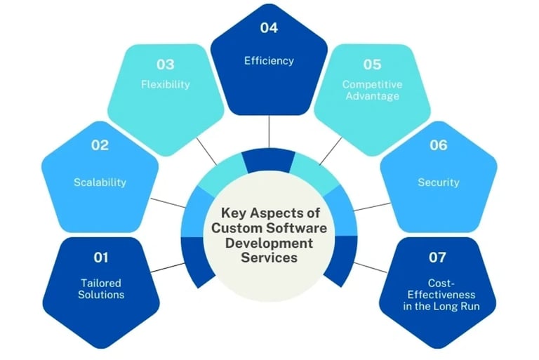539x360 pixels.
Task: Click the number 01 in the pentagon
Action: (x=101, y=258)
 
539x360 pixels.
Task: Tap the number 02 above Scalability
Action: (x=100, y=145)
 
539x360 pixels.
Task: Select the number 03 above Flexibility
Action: (x=166, y=65)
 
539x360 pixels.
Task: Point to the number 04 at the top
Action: (x=269, y=28)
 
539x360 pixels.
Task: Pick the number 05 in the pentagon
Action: (x=372, y=65)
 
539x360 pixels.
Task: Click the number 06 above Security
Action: (x=438, y=145)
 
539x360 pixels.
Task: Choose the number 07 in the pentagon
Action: (x=438, y=258)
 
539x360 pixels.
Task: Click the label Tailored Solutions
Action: (x=101, y=288)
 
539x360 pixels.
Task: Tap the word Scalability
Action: (x=100, y=182)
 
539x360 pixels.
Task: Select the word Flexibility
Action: (x=165, y=85)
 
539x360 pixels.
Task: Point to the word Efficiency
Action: (x=269, y=61)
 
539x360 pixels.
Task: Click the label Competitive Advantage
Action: (x=372, y=90)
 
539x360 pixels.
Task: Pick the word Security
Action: (x=438, y=182)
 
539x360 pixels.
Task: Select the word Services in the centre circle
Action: (x=269, y=258)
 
